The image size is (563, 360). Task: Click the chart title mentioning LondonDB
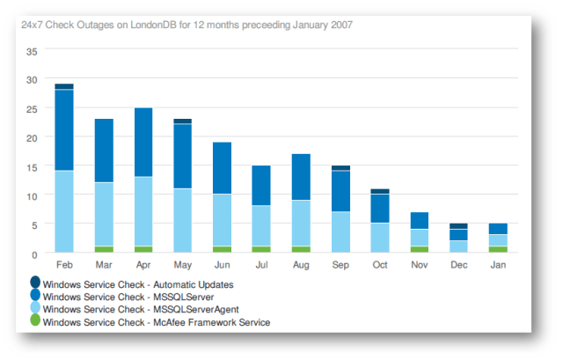(x=186, y=25)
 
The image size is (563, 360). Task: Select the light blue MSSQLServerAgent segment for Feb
(x=64, y=211)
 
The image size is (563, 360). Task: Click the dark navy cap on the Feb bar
(x=64, y=86)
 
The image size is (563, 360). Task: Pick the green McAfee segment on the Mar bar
(x=104, y=249)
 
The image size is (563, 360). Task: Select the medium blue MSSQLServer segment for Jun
(x=223, y=168)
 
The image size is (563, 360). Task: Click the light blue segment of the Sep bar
(x=341, y=231)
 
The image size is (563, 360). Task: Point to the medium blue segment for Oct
(x=380, y=209)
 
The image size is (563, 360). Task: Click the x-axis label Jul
(x=262, y=263)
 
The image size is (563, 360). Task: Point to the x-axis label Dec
(x=459, y=263)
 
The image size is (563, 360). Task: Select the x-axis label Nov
(x=420, y=263)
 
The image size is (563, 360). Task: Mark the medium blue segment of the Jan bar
(x=499, y=229)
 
